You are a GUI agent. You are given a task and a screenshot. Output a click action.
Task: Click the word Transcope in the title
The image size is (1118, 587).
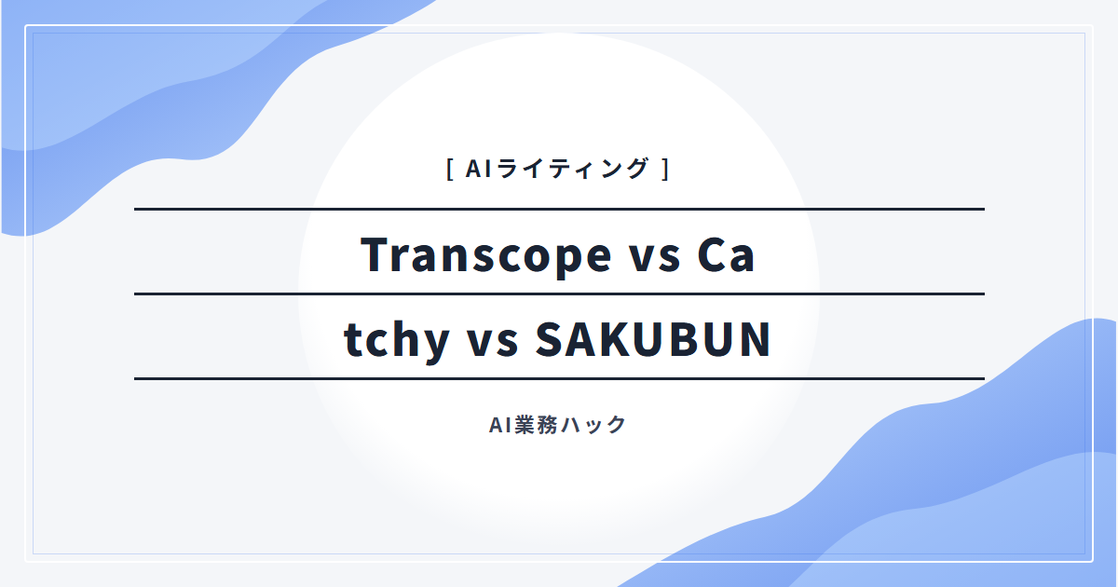pyautogui.click(x=485, y=256)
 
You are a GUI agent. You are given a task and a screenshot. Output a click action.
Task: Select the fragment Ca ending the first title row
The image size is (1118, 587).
pyautogui.click(x=726, y=255)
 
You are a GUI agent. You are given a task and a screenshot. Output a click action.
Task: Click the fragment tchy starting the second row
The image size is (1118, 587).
pyautogui.click(x=397, y=340)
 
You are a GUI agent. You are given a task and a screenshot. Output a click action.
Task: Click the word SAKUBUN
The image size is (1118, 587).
pyautogui.click(x=653, y=340)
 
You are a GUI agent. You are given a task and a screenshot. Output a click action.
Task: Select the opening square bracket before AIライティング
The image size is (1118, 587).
pyautogui.click(x=450, y=169)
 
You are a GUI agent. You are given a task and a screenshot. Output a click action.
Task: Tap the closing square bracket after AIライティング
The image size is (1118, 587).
pyautogui.click(x=665, y=169)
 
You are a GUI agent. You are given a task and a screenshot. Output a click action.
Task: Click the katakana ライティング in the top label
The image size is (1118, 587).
pyautogui.click(x=572, y=169)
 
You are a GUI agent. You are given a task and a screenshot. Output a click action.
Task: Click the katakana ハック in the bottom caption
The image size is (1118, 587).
pyautogui.click(x=593, y=425)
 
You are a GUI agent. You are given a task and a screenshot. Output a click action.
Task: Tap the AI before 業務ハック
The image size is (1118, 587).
pyautogui.click(x=500, y=425)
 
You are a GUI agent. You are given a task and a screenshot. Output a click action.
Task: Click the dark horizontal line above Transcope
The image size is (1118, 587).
pyautogui.click(x=559, y=209)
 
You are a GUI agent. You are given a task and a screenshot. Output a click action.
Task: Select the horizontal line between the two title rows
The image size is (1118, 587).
pyautogui.click(x=559, y=294)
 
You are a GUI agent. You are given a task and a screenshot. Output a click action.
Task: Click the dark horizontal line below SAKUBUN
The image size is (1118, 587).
pyautogui.click(x=559, y=379)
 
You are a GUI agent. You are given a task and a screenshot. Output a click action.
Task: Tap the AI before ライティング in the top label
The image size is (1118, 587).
pyautogui.click(x=479, y=169)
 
